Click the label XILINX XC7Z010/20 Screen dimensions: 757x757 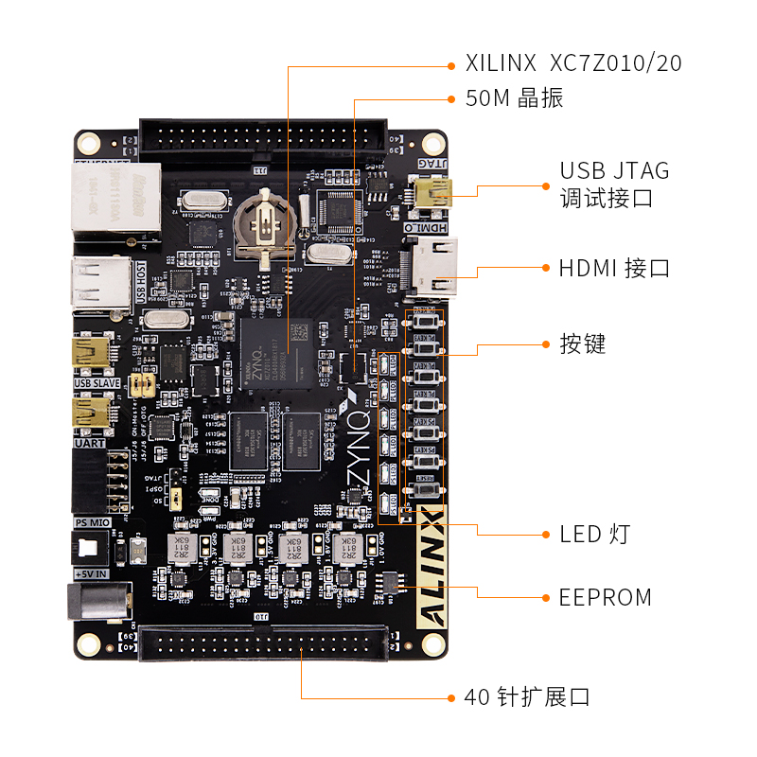[x=573, y=64]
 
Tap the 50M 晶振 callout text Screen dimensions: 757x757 [x=514, y=98]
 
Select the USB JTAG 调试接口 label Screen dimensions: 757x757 [x=614, y=185]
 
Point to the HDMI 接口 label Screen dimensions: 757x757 [x=614, y=268]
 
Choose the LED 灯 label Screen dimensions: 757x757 [x=594, y=535]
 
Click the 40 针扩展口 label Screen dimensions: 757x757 [x=527, y=698]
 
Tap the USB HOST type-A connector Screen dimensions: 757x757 [x=100, y=282]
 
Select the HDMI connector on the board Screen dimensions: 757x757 [x=433, y=266]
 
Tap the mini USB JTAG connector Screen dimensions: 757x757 [x=434, y=195]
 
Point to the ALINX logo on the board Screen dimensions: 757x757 [x=431, y=577]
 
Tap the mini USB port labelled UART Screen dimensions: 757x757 [x=94, y=414]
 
